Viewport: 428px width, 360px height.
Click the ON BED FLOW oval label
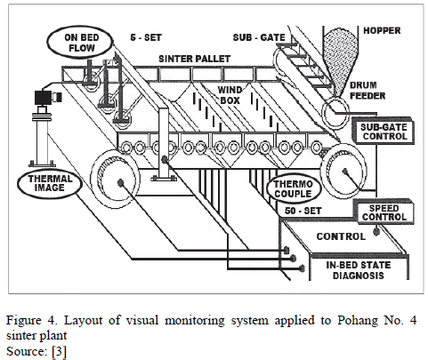(x=80, y=43)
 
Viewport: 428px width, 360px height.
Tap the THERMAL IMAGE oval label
(x=50, y=183)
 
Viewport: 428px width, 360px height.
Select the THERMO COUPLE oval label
(x=293, y=188)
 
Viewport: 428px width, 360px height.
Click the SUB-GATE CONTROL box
(x=383, y=132)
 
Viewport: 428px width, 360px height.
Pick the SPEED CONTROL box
(x=384, y=212)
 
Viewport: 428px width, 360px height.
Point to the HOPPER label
(x=382, y=30)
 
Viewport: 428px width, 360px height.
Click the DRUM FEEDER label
(x=367, y=91)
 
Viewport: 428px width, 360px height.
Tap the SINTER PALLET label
(x=194, y=59)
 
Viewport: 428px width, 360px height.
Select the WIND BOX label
(x=230, y=95)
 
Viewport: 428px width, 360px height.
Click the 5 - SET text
(x=146, y=37)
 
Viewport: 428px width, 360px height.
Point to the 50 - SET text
(x=303, y=211)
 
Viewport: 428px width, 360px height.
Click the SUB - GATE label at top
(x=259, y=37)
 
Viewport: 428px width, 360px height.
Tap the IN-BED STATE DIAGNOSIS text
(x=359, y=270)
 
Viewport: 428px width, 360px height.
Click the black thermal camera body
(x=44, y=98)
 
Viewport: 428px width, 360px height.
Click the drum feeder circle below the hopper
(x=335, y=113)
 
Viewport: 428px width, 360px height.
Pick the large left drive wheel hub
(x=120, y=182)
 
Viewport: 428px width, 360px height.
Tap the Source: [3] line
(x=36, y=351)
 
